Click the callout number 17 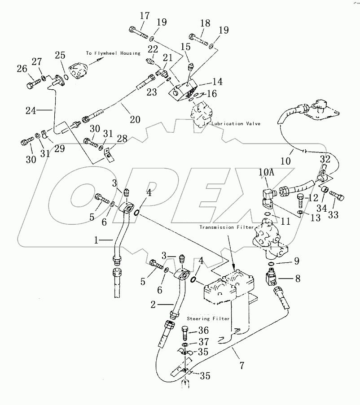pos(144,16)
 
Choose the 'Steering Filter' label pos(208,318)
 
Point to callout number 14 pos(218,82)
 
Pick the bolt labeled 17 pos(137,31)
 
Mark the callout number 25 pos(60,55)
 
